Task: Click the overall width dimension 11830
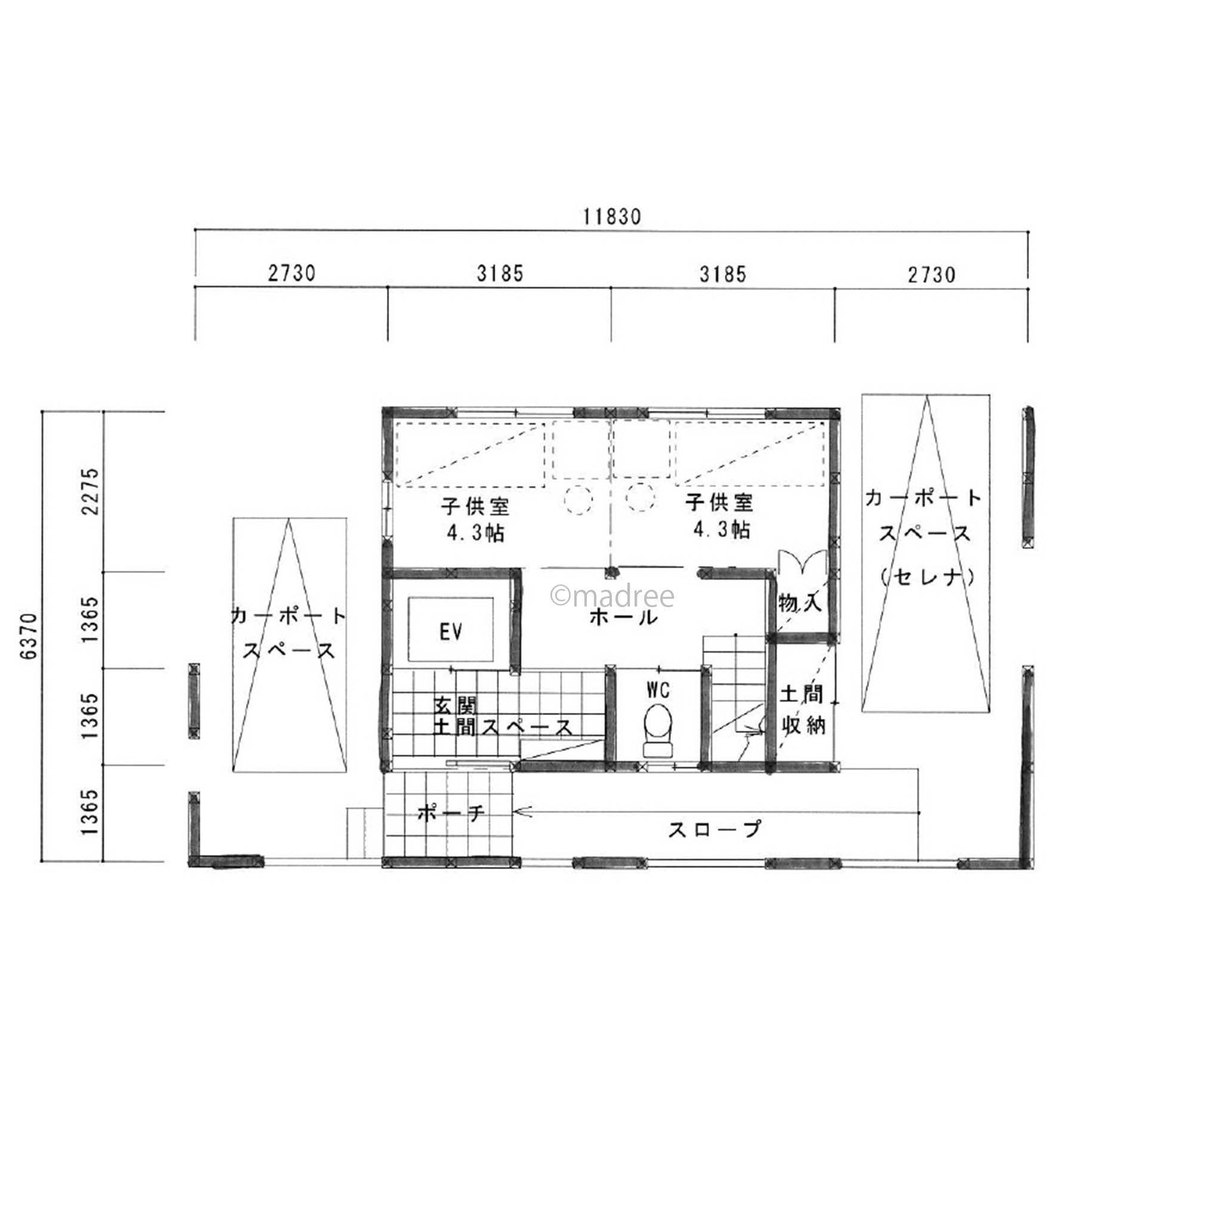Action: point(611,217)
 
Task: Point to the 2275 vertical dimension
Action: point(90,491)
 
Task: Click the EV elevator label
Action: point(451,632)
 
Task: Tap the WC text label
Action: point(658,691)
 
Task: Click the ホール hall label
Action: point(623,617)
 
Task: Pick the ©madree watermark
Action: point(612,595)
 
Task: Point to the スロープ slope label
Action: point(714,829)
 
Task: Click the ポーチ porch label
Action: point(451,814)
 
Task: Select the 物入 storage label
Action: point(800,603)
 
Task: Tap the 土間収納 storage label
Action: point(801,710)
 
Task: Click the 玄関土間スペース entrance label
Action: point(503,716)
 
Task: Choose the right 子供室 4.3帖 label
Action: point(720,517)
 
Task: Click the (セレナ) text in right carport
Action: point(926,576)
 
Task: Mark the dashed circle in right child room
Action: point(640,498)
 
